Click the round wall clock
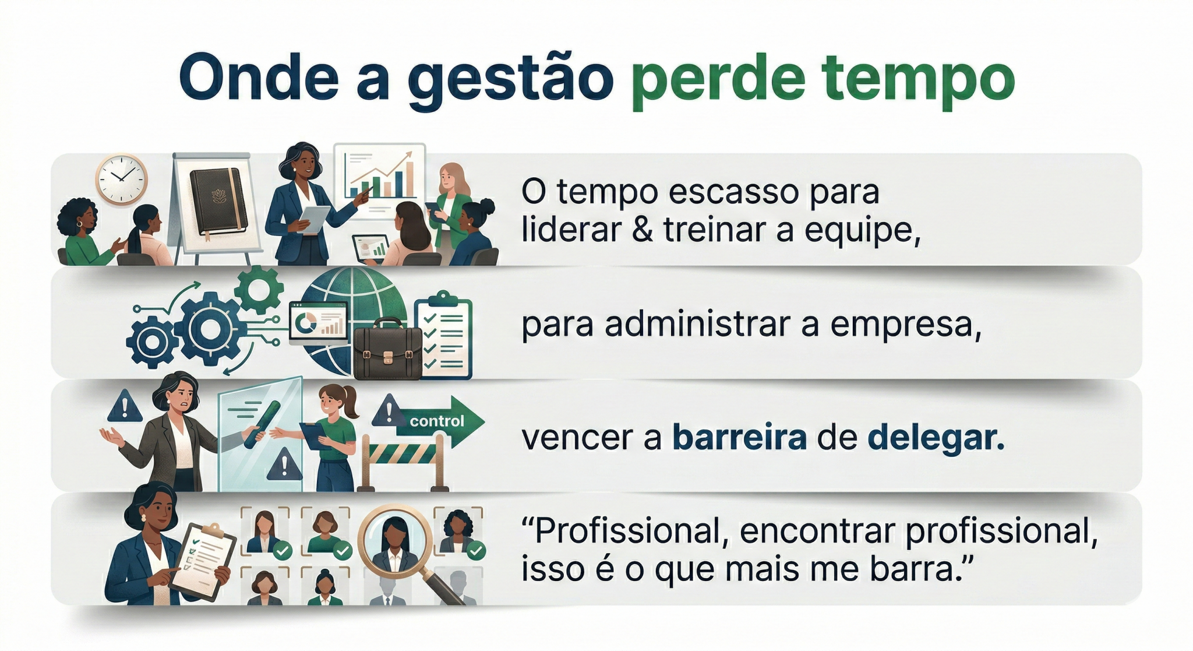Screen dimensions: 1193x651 point(121,179)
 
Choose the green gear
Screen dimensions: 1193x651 point(259,289)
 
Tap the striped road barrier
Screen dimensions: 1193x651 point(403,461)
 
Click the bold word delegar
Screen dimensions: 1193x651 point(936,438)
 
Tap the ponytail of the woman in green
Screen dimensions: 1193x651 point(351,402)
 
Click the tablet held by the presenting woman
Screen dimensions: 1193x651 point(314,219)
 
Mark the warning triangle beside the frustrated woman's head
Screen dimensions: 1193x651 point(125,406)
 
